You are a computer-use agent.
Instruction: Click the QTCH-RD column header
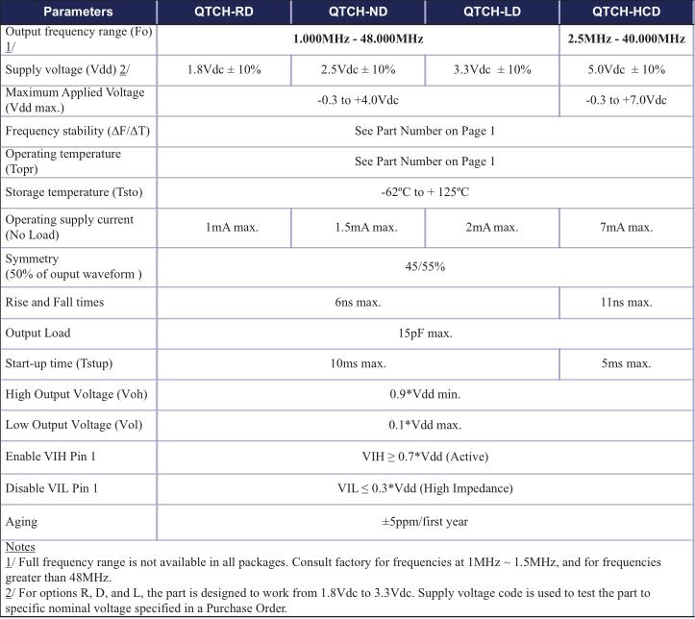pyautogui.click(x=224, y=12)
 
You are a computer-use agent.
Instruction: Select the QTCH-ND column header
pyautogui.click(x=358, y=12)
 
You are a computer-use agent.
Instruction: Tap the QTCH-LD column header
pyautogui.click(x=491, y=12)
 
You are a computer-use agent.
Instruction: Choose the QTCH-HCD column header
pyautogui.click(x=626, y=12)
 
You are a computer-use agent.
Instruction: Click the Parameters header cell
pyautogui.click(x=79, y=12)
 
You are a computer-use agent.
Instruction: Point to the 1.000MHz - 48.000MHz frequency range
pyautogui.click(x=358, y=38)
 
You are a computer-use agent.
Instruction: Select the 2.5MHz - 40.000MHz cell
pyautogui.click(x=626, y=38)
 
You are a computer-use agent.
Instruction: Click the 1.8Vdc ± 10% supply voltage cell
pyautogui.click(x=224, y=70)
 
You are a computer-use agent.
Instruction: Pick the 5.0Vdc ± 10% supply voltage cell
pyautogui.click(x=626, y=70)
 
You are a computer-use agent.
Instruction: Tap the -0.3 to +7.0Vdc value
pyautogui.click(x=626, y=100)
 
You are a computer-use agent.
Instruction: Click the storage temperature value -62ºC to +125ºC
pyautogui.click(x=425, y=192)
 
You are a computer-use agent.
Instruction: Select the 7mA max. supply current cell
pyautogui.click(x=626, y=228)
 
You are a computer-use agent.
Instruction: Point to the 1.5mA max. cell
pyautogui.click(x=358, y=228)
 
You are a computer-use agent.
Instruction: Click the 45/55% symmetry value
pyautogui.click(x=425, y=266)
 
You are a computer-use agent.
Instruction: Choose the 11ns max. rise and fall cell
pyautogui.click(x=626, y=302)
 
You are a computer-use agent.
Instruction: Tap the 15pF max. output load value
pyautogui.click(x=425, y=334)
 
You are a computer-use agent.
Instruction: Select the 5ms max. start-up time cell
pyautogui.click(x=626, y=364)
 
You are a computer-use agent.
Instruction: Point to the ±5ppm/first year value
pyautogui.click(x=425, y=522)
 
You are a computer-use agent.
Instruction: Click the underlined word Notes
pyautogui.click(x=20, y=547)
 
